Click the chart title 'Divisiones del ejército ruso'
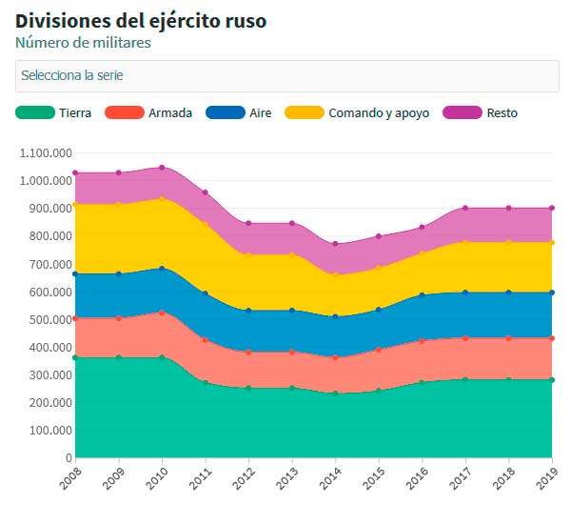(x=141, y=21)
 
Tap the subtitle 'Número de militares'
(x=83, y=43)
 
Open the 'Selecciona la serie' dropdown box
(x=287, y=76)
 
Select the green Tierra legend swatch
(x=35, y=112)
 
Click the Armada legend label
(x=170, y=113)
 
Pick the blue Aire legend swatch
(x=226, y=112)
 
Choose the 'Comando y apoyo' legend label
(x=379, y=113)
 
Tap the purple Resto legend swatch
(x=463, y=112)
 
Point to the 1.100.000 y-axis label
(x=46, y=153)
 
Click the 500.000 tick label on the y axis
(x=50, y=320)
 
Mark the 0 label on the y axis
(x=69, y=458)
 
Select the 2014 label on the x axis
(x=330, y=478)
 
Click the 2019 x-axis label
(x=547, y=478)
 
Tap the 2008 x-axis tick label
(x=69, y=478)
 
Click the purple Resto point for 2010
(x=162, y=168)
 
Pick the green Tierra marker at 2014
(x=336, y=394)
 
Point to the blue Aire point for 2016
(x=422, y=295)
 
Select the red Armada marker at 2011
(x=206, y=340)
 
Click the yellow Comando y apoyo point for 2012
(x=248, y=254)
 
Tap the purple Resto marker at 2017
(x=465, y=209)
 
